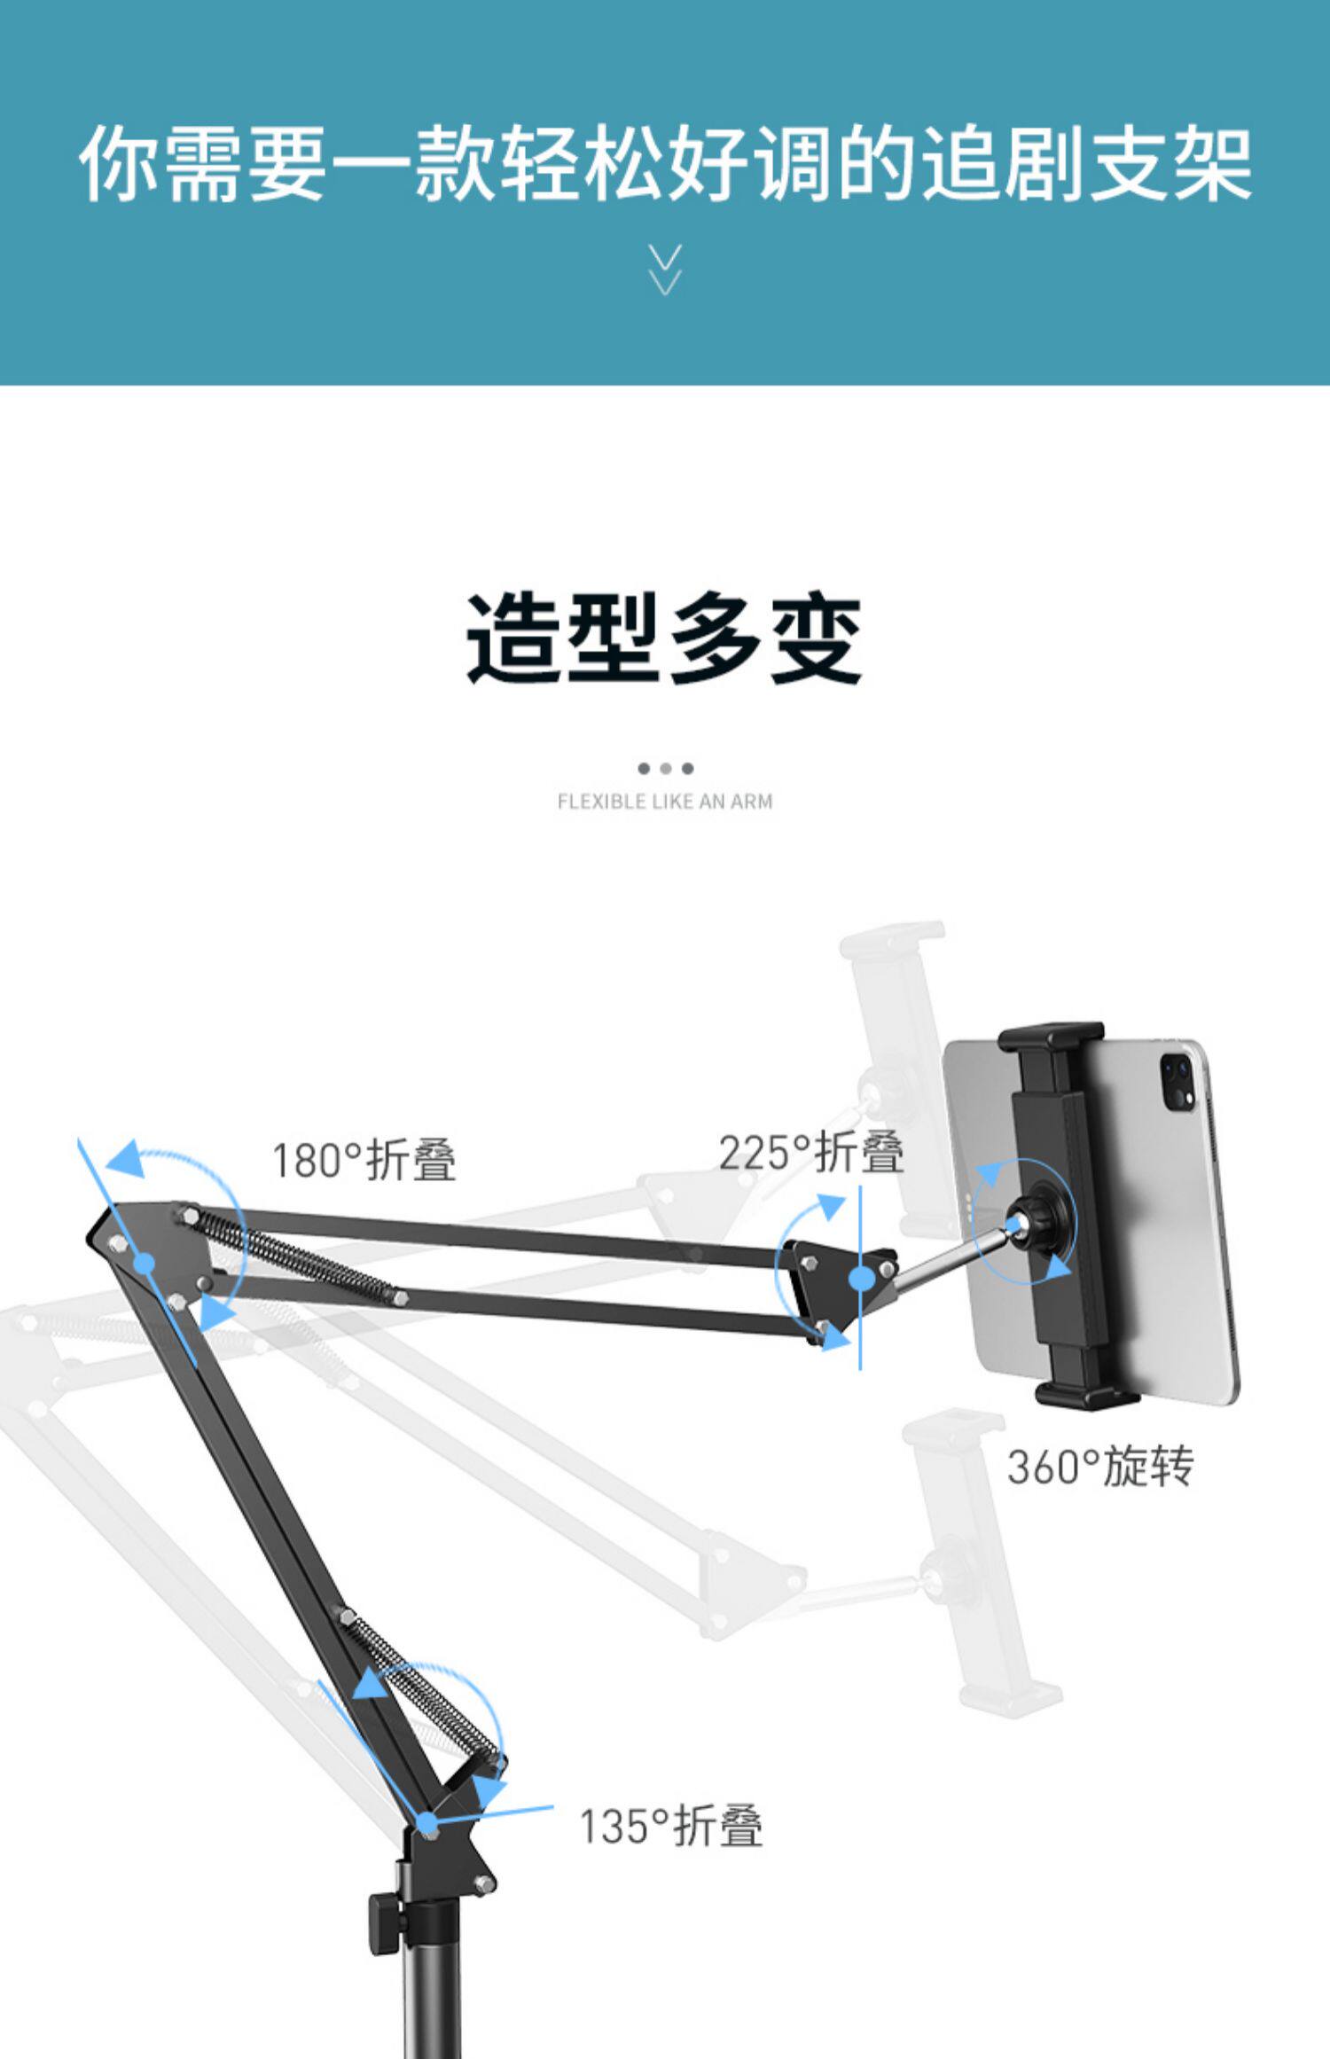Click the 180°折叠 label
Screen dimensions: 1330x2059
tap(364, 1160)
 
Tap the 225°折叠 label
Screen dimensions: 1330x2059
tap(811, 1153)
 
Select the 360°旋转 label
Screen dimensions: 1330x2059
tap(1100, 1466)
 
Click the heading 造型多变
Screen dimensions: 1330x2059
tap(664, 638)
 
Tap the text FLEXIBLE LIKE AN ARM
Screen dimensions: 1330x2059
tap(665, 802)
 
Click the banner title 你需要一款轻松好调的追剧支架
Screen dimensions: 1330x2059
tap(665, 164)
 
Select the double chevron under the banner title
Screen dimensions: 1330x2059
tap(665, 270)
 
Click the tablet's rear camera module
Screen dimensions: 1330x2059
tap(1177, 1082)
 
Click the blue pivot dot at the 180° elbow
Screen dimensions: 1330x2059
tap(145, 1264)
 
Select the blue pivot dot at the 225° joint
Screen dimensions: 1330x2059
tap(860, 1279)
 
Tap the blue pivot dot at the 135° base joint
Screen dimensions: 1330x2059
tap(428, 1824)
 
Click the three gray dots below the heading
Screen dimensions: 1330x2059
tap(665, 768)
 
